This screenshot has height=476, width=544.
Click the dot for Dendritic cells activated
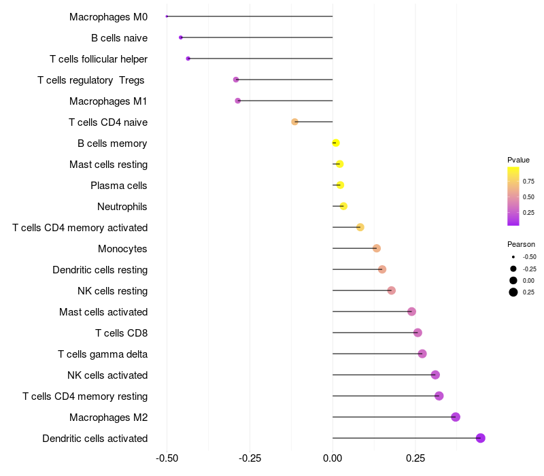481,438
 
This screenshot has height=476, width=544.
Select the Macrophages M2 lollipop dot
456,417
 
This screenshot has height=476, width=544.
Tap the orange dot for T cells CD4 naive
294,122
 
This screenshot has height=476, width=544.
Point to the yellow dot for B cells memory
335,143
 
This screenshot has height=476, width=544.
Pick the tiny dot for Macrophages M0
167,16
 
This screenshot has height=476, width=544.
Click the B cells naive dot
180,37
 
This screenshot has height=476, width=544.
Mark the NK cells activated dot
435,375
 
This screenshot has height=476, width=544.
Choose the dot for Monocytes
377,248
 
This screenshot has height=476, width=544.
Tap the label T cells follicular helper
99,59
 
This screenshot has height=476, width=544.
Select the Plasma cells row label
119,186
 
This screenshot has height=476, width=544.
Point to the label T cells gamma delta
103,354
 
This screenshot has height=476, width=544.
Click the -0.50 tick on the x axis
167,459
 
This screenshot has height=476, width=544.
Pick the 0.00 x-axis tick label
333,459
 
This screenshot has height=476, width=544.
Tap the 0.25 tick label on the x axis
415,459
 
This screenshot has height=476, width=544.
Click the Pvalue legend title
518,160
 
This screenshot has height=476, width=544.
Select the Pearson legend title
521,244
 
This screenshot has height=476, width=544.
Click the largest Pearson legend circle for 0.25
513,292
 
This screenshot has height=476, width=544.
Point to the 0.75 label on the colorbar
528,181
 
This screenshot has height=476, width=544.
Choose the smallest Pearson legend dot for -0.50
513,257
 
